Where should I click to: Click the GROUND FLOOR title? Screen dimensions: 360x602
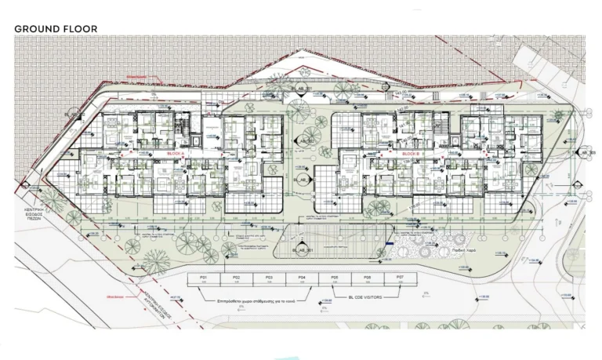click(56, 28)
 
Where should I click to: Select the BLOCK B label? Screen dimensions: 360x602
click(411, 155)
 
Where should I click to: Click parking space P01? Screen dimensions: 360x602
click(203, 278)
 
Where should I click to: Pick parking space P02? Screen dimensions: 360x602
click(236, 278)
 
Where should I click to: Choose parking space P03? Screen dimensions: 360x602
click(269, 278)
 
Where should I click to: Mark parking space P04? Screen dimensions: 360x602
click(302, 278)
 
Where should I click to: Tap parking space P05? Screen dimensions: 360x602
click(335, 278)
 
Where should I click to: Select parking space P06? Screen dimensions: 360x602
click(368, 278)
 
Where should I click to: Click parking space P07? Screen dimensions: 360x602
click(400, 278)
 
